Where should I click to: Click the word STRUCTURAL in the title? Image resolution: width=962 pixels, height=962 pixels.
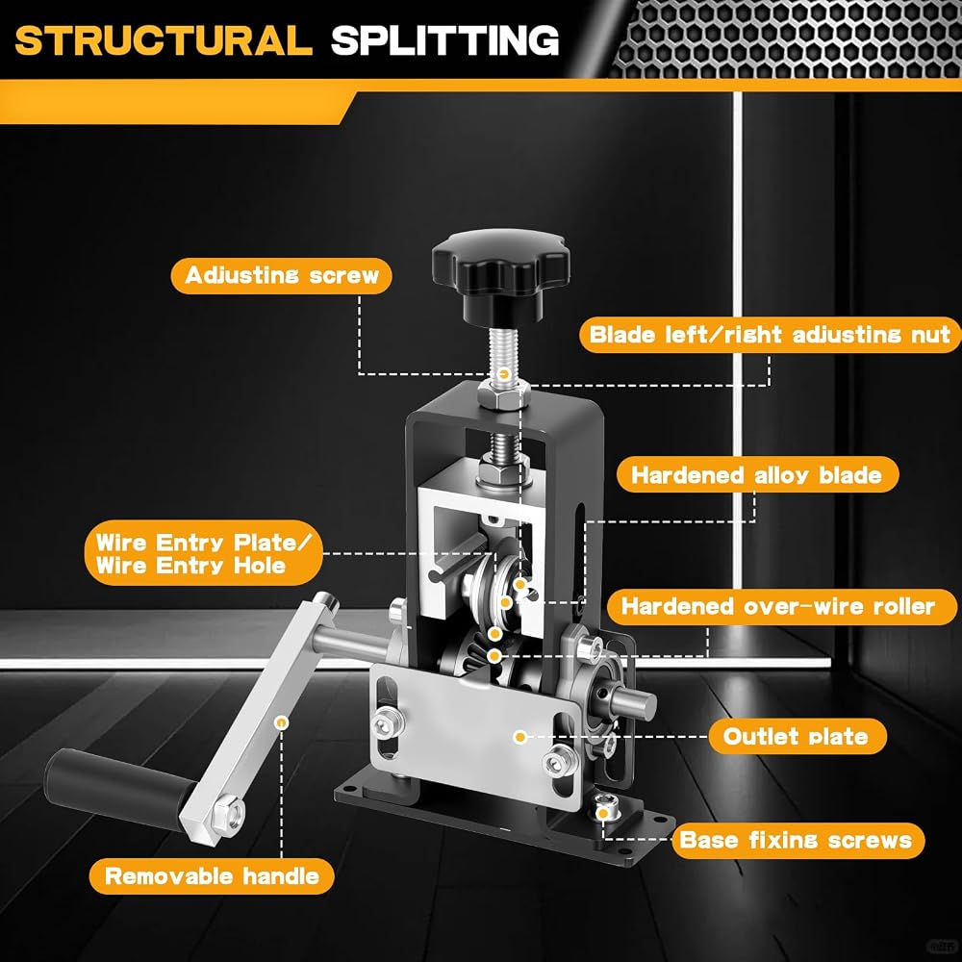pos(164,40)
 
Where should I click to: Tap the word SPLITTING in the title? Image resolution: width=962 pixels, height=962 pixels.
pos(444,40)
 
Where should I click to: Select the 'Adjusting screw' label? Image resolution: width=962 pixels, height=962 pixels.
pos(282,275)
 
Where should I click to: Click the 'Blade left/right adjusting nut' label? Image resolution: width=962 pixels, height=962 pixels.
pos(770,335)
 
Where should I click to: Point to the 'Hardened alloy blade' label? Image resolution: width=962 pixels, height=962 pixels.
pos(756,475)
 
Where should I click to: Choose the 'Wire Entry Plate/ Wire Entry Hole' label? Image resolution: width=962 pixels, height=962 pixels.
pos(203,553)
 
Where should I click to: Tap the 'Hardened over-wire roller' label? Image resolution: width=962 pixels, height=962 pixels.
pos(781,607)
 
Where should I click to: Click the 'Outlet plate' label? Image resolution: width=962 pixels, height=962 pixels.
pos(797,736)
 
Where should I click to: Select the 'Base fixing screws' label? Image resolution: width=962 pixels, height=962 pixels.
pos(797,841)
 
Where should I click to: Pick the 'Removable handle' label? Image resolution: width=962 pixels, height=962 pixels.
pos(212,876)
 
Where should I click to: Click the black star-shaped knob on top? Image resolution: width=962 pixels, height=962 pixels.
pos(500,275)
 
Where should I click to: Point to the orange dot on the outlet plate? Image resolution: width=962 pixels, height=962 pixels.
pos(520,736)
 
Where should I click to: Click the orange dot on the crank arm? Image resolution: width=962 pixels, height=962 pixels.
pos(282,722)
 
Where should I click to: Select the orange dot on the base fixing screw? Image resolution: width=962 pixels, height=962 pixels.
pos(603,814)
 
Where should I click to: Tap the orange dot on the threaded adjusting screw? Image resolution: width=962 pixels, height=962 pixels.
pos(504,373)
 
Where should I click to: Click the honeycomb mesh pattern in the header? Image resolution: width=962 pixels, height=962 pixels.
pos(785,38)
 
